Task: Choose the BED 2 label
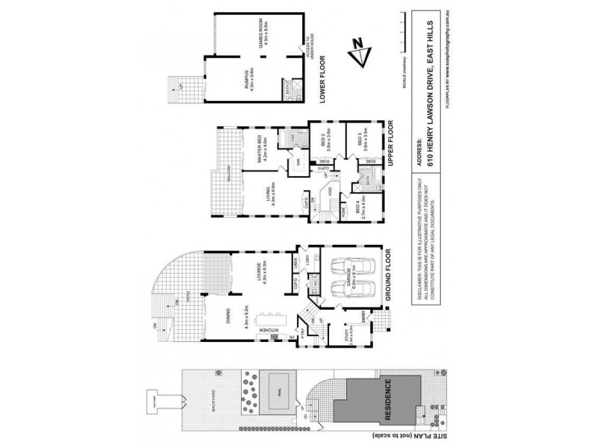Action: point(323,142)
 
